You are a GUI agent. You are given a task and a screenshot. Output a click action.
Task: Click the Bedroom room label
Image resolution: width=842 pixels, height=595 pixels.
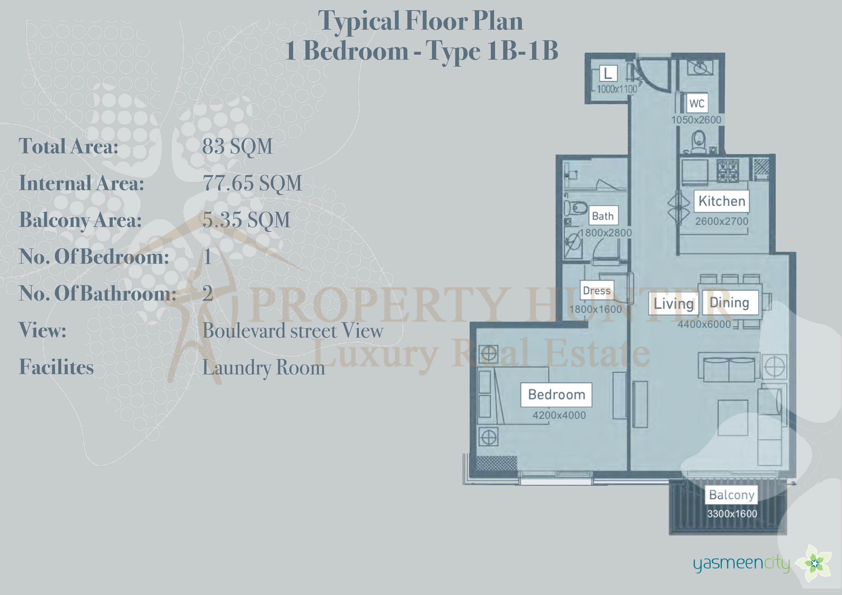556,395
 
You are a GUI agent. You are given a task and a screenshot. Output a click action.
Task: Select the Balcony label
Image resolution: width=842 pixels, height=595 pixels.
731,495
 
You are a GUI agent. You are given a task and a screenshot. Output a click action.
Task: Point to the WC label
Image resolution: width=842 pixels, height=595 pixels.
697,103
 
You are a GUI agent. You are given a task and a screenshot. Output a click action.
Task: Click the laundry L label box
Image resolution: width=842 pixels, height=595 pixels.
608,73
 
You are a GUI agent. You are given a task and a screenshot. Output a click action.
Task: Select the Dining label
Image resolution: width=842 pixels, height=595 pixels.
729,303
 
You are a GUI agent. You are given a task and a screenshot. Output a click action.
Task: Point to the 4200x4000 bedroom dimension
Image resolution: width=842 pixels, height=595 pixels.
559,415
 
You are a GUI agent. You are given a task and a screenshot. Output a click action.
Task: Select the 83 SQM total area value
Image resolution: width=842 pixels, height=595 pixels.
238,146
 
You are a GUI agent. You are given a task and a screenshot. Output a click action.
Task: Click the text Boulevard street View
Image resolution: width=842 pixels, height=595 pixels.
293,331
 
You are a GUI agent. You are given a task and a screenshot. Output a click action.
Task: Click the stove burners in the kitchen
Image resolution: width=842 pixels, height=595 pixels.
728,171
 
